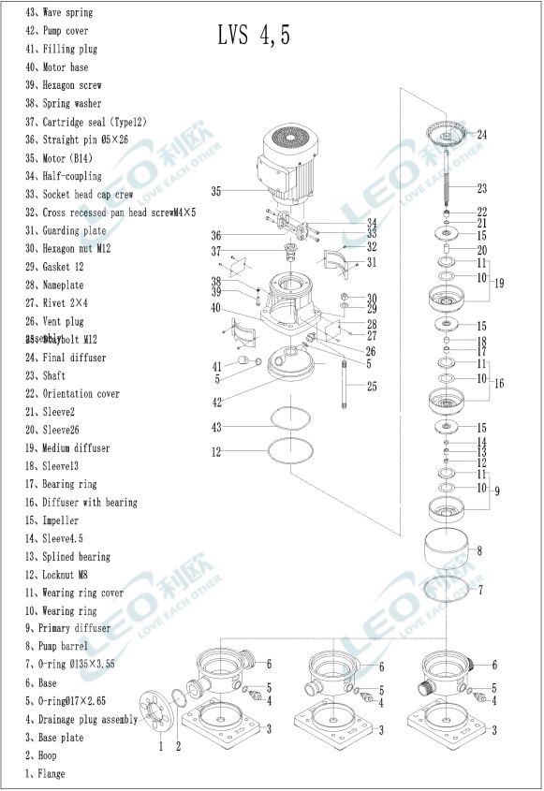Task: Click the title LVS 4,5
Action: [254, 36]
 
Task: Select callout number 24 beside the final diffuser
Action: [482, 135]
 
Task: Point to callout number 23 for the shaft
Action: [482, 188]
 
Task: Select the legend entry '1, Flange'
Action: [46, 773]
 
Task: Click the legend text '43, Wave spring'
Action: [66, 12]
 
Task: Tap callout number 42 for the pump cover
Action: [216, 403]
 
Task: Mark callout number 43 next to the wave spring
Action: [216, 427]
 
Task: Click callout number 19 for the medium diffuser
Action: [499, 283]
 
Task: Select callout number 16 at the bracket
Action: [499, 384]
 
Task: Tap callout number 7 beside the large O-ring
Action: [480, 591]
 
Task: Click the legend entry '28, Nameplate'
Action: [67, 285]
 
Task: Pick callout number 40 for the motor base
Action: [216, 308]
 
